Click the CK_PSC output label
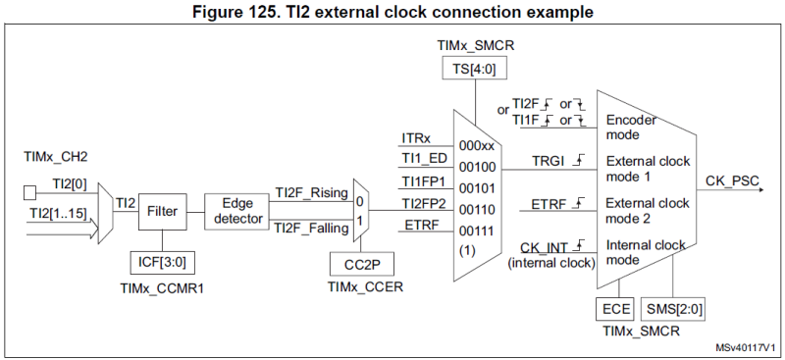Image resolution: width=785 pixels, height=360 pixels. pos(730,180)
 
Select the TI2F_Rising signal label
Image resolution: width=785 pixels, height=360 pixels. pos(310,191)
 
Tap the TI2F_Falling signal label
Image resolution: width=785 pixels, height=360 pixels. pos(310,229)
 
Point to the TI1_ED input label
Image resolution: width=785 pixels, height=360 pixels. pos(423,159)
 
